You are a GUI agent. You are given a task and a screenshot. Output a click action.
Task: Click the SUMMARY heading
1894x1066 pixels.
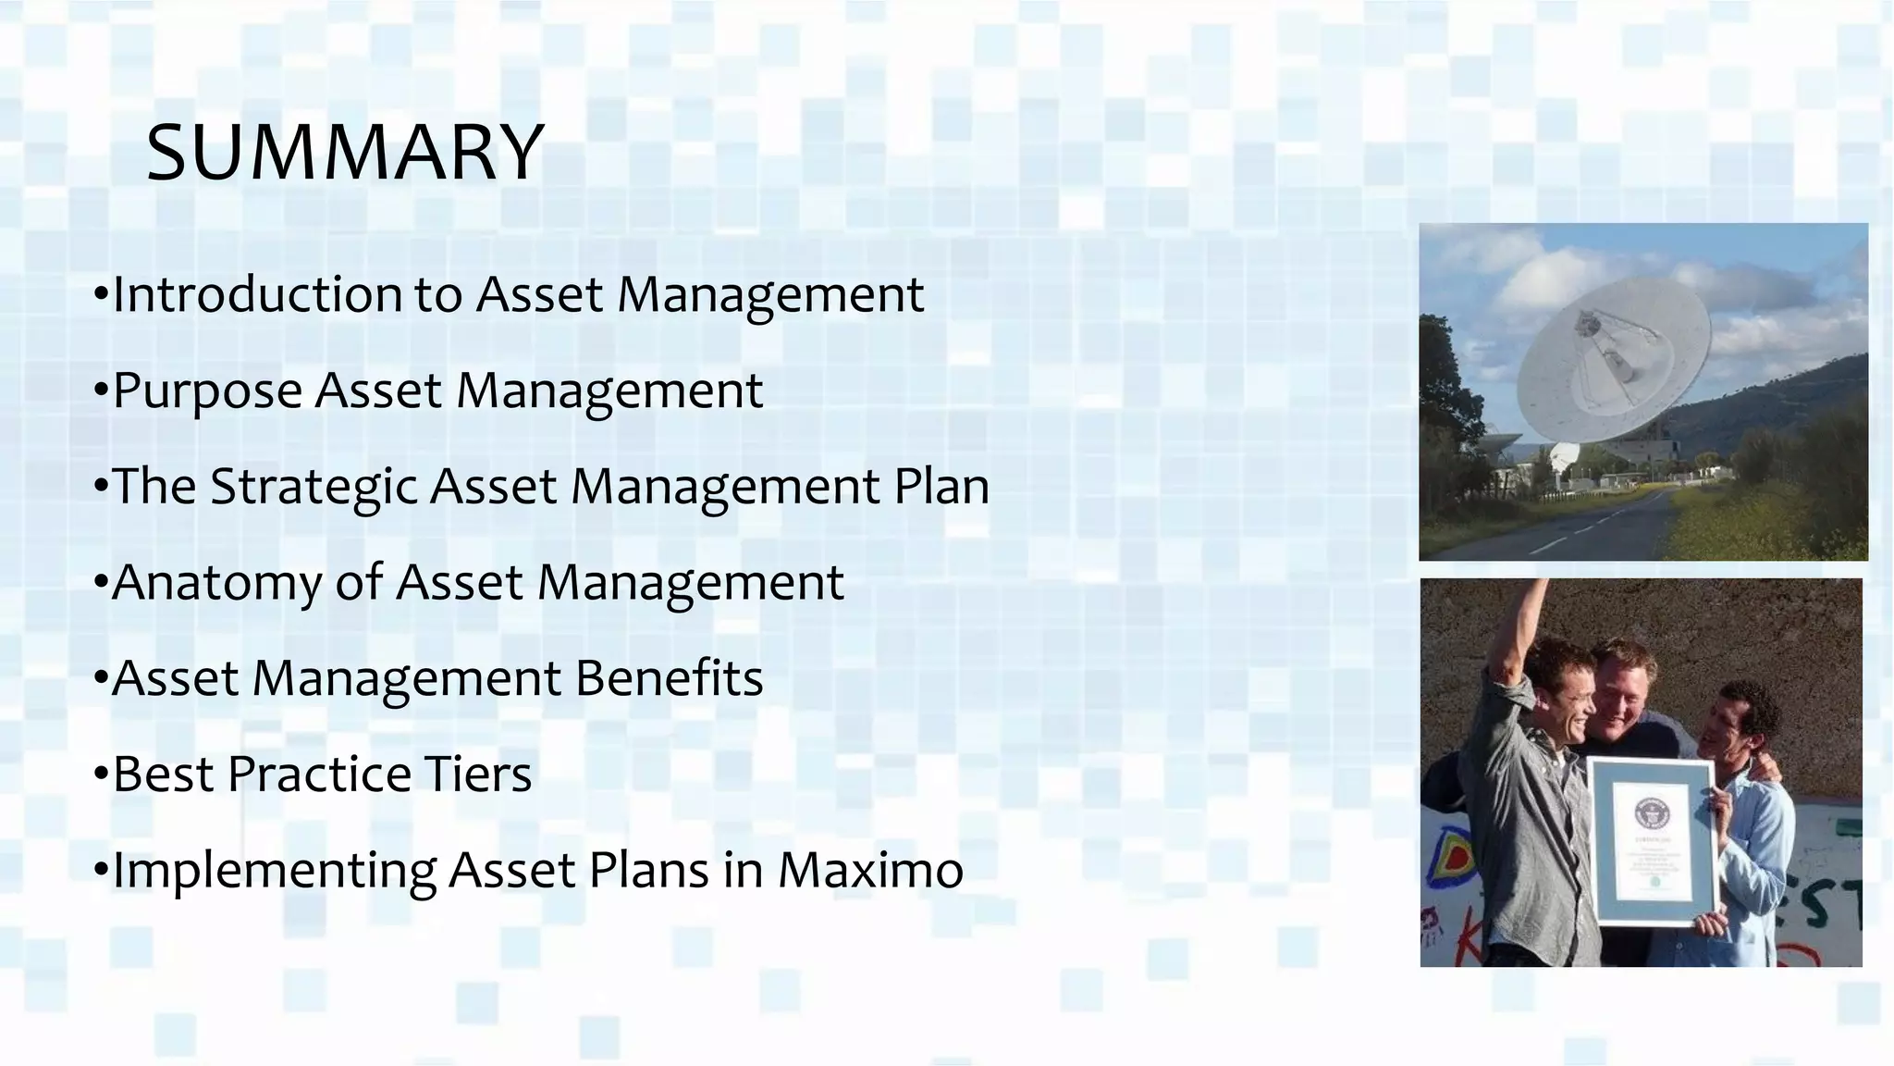[344, 153]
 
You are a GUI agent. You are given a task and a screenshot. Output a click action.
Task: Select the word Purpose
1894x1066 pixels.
[207, 390]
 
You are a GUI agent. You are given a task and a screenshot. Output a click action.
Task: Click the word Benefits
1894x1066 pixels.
[669, 678]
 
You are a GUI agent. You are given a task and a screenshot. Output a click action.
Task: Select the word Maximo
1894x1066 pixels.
[869, 870]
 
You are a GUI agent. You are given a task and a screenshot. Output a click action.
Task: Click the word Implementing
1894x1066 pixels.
[274, 872]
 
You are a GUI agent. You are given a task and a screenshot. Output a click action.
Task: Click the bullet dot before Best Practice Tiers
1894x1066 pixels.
[101, 775]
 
